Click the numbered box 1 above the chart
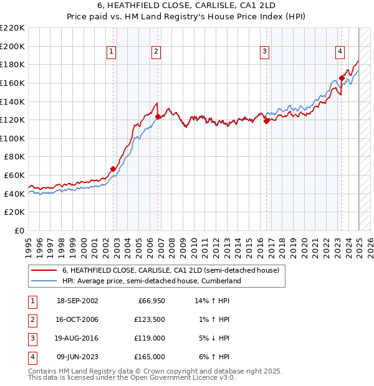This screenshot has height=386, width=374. point(111,52)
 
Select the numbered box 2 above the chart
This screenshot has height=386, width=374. point(156,52)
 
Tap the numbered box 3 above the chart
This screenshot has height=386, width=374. point(264,52)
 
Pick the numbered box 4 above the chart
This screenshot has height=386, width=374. point(340,52)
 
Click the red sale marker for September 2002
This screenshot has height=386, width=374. point(113,169)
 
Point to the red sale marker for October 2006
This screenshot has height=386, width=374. point(158,116)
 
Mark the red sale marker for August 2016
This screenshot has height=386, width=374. point(266,121)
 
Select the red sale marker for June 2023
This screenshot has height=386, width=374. point(342,78)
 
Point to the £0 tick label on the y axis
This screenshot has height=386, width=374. point(19,230)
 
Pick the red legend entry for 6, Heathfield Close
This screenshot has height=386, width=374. point(173,270)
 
